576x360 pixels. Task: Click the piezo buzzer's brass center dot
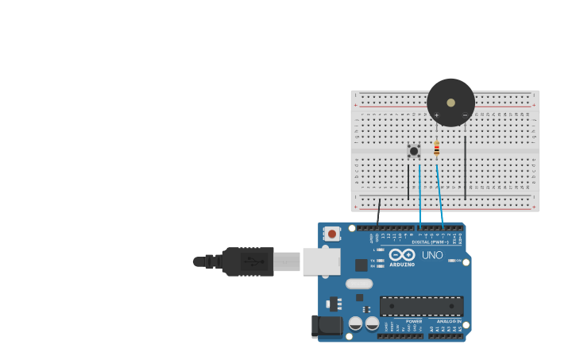tap(451, 103)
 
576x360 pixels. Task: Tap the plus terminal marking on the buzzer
tap(436, 115)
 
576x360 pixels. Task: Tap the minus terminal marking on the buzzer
tap(465, 115)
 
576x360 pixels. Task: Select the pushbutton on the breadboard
tap(414, 150)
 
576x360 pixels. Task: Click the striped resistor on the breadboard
tap(436, 149)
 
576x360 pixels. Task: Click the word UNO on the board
tap(432, 255)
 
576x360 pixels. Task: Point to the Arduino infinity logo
tap(402, 254)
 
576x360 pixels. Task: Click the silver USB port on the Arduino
tap(321, 261)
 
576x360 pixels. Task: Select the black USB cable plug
tap(248, 261)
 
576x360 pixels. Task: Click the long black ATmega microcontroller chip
tap(421, 306)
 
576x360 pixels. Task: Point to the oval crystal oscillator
tap(359, 284)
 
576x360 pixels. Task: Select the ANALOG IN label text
tap(448, 321)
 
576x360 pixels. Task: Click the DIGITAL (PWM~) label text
tap(430, 242)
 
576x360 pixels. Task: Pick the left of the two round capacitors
tap(356, 323)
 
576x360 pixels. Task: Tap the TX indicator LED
tap(381, 260)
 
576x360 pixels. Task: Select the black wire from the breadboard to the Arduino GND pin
tap(379, 212)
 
